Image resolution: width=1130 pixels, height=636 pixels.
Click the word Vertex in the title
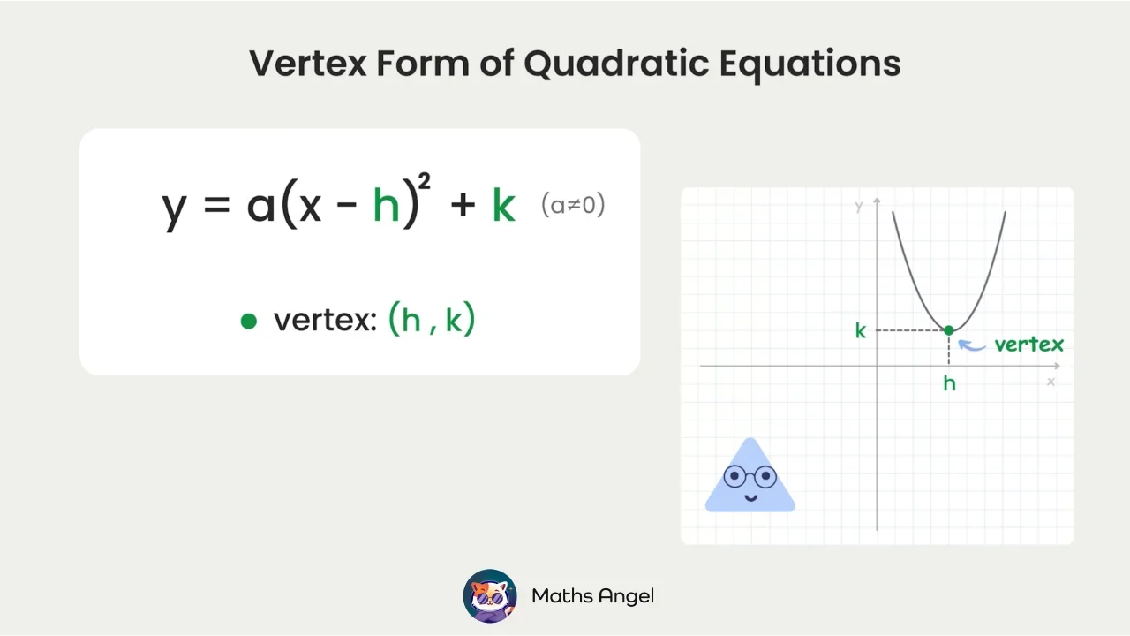307,64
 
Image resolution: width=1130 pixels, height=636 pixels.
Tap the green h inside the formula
387,205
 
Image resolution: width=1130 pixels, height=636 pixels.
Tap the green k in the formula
503,205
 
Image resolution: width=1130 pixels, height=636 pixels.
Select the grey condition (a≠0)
573,205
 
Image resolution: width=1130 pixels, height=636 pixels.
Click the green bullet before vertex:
249,322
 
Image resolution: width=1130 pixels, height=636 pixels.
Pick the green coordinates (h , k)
432,319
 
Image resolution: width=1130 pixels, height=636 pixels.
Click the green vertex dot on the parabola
949,330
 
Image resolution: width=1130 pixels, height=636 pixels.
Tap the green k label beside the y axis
861,331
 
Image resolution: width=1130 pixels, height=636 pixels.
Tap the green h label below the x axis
949,382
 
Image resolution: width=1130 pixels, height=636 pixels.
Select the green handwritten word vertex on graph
1028,344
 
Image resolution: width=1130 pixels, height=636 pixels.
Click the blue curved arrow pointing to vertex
972,345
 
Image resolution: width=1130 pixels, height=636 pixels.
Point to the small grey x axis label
1051,382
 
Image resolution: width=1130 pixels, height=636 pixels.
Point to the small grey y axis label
859,207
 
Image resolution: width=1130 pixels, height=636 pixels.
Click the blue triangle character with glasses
750,480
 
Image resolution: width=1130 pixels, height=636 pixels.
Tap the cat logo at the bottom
490,596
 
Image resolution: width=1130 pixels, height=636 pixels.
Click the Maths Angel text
592,596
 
